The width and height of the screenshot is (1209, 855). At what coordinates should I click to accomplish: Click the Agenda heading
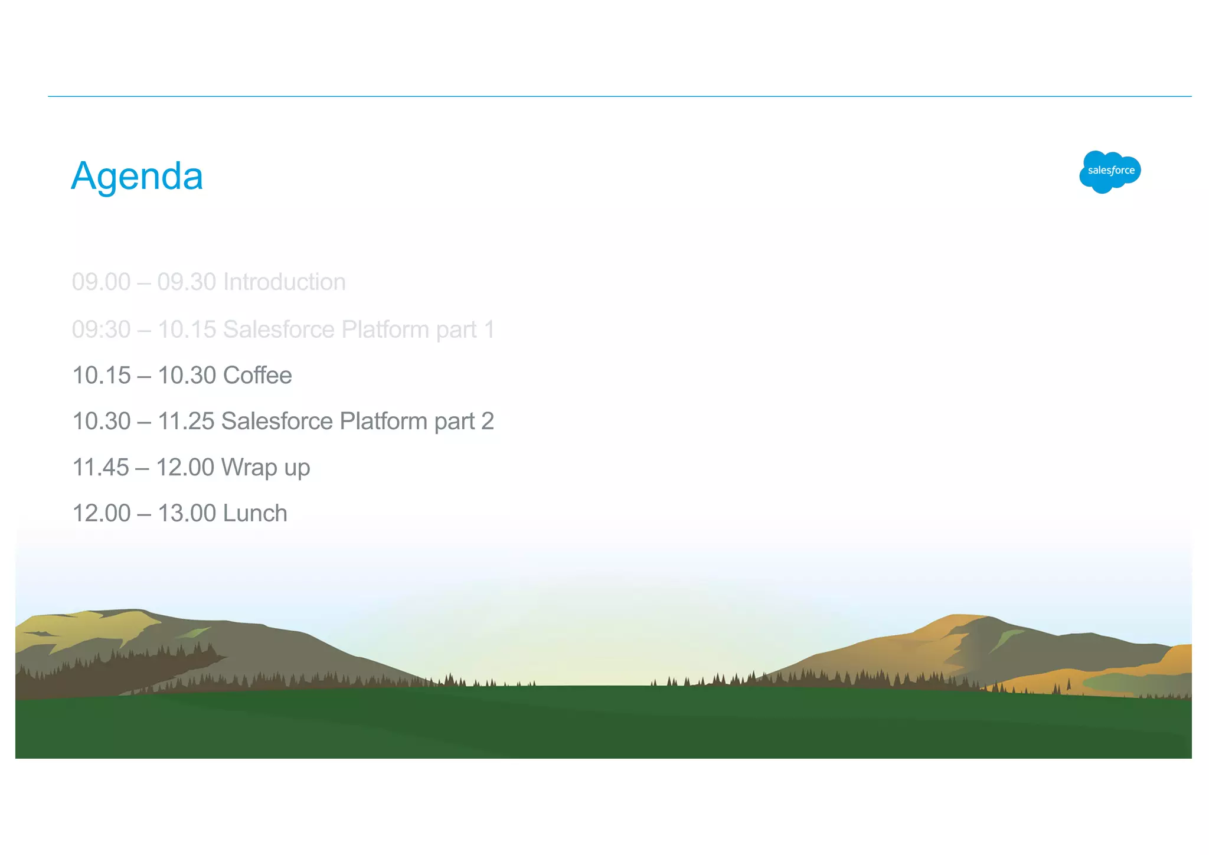coord(137,176)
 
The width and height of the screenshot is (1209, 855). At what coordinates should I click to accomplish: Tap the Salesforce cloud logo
coord(1110,171)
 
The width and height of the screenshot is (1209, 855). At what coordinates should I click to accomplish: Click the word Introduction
coord(285,282)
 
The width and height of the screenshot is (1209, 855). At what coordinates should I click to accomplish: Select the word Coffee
coord(257,376)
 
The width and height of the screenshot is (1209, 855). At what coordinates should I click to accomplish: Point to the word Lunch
coord(255,514)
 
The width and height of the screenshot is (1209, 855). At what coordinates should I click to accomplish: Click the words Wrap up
coord(266,468)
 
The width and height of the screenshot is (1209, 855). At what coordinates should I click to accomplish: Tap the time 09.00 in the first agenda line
coord(101,282)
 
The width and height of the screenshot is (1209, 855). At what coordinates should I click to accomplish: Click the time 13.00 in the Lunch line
coord(187,514)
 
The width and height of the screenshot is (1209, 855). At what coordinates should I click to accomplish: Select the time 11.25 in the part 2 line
coord(186,422)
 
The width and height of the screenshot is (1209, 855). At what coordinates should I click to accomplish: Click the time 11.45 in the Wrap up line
coord(100,468)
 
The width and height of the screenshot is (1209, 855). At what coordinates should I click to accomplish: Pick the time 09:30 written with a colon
coord(101,329)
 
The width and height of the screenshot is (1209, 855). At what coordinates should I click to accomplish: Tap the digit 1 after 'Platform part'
coord(489,329)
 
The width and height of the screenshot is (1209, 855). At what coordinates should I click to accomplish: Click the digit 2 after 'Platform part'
coord(488,422)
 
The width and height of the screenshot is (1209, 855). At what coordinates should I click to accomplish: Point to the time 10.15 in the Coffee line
coord(101,376)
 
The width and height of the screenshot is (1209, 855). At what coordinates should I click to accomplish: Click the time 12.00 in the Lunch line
coord(101,514)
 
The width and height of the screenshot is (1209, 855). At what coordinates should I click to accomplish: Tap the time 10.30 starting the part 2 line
coord(101,422)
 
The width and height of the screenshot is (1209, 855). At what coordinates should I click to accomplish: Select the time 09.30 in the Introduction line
coord(187,282)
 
